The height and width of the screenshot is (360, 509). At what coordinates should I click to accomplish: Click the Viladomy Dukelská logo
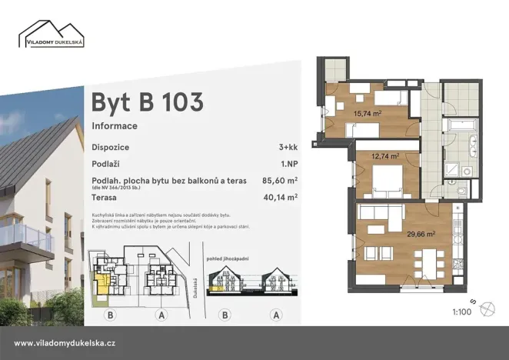[52, 33]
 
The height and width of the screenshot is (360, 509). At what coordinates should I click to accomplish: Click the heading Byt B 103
[147, 102]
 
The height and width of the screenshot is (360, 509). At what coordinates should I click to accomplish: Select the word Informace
[115, 125]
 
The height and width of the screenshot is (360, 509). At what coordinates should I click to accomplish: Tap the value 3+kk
[288, 147]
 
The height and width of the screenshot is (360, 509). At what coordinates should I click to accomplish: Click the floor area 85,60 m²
[280, 181]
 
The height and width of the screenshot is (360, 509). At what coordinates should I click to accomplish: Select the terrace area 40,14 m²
[280, 197]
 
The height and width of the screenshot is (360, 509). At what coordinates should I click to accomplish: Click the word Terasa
[108, 197]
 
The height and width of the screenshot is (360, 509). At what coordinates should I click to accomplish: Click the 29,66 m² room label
[421, 234]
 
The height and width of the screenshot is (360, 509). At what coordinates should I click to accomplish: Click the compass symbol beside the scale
[487, 309]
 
